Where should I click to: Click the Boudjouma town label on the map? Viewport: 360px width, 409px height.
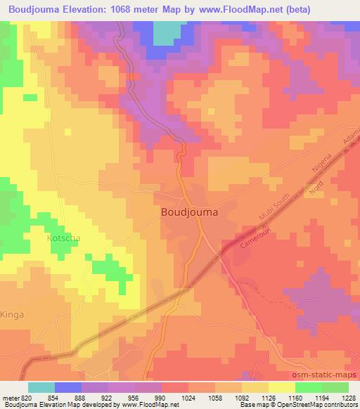click(x=189, y=211)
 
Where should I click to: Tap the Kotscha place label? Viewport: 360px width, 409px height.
click(x=63, y=238)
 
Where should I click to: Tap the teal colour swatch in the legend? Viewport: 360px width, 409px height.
click(x=41, y=387)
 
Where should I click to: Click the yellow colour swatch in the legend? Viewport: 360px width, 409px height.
click(x=282, y=387)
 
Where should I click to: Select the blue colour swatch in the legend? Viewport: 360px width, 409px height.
click(x=68, y=387)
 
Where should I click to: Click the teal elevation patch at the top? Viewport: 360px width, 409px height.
click(x=165, y=32)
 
